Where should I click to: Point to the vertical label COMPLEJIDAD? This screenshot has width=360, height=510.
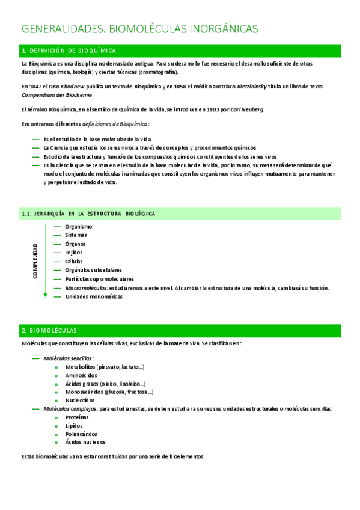(x=35, y=260)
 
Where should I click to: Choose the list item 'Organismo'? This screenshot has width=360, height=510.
(x=79, y=226)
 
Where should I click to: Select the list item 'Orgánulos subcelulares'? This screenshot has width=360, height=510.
(x=93, y=270)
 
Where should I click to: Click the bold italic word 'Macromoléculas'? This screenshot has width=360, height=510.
(x=86, y=288)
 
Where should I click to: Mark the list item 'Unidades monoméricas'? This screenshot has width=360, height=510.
(x=93, y=296)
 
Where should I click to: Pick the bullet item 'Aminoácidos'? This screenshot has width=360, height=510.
(x=81, y=375)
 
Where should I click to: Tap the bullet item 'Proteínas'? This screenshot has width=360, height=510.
(x=77, y=417)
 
